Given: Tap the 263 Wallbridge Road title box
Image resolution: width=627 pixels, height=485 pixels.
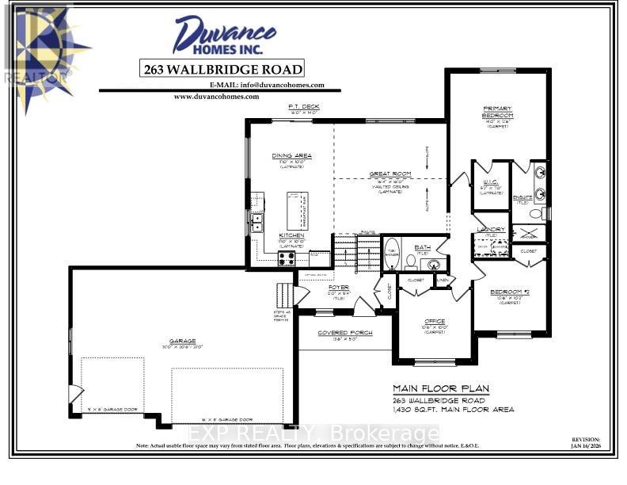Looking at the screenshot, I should [222, 69].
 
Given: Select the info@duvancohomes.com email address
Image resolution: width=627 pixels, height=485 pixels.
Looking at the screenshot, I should [267, 85].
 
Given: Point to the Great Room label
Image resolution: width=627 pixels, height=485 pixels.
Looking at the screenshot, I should [390, 174].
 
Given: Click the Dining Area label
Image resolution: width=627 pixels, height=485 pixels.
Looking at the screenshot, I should [291, 155].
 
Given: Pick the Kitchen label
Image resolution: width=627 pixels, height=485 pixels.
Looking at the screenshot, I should [291, 235].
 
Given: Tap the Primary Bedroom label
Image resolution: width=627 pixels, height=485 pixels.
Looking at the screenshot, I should [498, 112].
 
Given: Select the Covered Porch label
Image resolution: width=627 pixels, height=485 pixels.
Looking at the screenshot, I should [339, 333].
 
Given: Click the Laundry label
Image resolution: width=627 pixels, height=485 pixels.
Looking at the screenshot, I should [491, 230].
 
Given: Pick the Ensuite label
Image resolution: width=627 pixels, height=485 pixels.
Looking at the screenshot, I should [524, 197].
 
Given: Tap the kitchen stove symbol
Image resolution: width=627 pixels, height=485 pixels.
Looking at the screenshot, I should [287, 257].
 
